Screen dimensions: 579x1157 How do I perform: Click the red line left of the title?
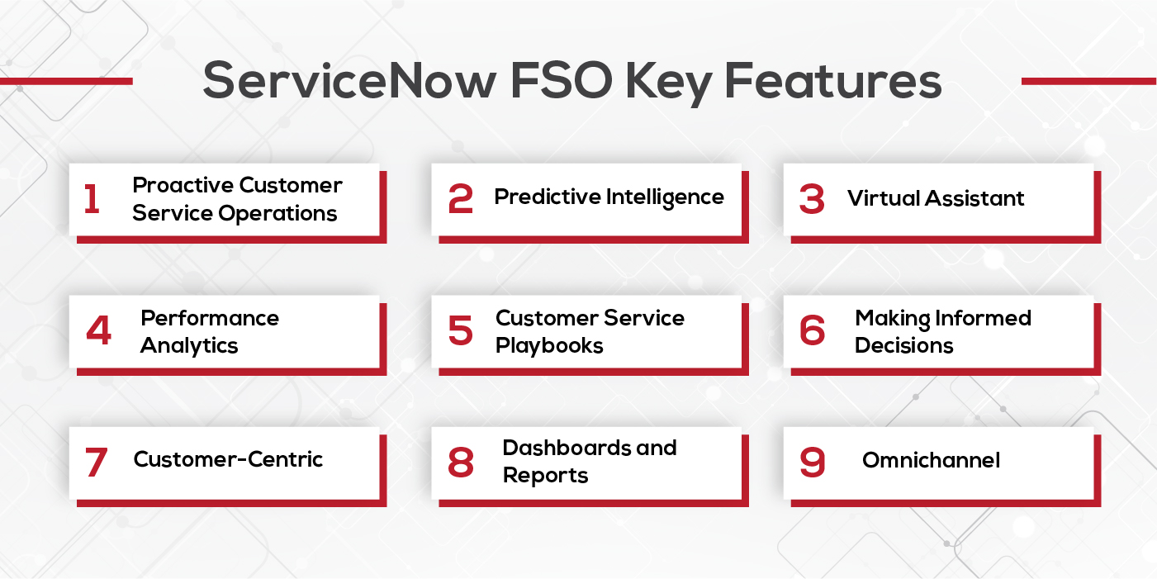point(66,81)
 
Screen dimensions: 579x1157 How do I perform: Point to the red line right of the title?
point(1088,81)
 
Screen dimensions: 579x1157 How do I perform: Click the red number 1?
point(92,199)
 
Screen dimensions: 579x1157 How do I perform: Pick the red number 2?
point(461,199)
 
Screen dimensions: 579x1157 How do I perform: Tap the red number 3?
point(812,199)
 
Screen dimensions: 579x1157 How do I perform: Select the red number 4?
point(98,331)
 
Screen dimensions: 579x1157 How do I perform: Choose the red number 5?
point(461,331)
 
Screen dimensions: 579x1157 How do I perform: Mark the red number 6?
point(812,331)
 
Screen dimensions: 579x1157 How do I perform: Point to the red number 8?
point(461,463)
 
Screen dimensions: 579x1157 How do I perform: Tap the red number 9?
point(812,463)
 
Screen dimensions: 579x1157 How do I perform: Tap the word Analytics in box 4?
point(189,345)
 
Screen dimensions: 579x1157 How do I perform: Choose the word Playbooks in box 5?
point(549,345)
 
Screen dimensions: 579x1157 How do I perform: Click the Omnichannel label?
point(931,460)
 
